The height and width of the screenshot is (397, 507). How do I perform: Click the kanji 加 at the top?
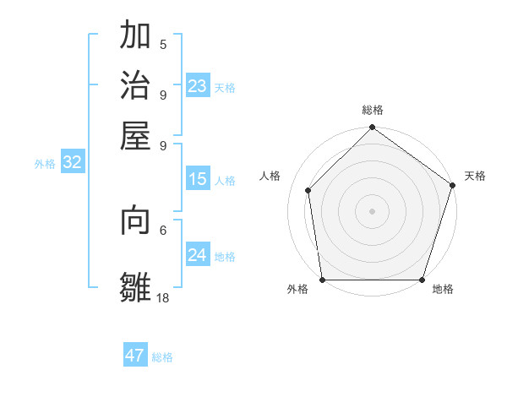click(136, 36)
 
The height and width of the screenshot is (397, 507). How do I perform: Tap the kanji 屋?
click(136, 134)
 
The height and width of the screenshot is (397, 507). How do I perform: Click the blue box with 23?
click(198, 86)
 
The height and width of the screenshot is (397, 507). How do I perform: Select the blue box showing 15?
click(198, 179)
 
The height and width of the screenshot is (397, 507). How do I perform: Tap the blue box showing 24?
click(198, 255)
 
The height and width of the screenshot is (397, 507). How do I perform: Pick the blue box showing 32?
click(73, 163)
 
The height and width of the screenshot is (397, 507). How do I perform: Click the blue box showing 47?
click(135, 356)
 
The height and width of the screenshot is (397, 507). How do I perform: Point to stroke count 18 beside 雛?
click(163, 297)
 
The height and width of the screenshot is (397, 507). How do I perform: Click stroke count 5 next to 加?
click(163, 45)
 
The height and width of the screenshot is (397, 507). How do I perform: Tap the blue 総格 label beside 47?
click(162, 357)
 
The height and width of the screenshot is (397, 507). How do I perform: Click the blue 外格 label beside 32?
click(45, 165)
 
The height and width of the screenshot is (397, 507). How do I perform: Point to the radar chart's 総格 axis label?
click(373, 110)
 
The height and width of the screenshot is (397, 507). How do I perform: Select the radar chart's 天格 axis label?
click(475, 176)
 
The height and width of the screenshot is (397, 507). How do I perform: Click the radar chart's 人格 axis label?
click(270, 176)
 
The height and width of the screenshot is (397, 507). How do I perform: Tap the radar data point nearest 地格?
click(422, 280)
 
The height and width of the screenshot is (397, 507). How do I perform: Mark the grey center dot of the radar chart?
click(373, 210)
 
